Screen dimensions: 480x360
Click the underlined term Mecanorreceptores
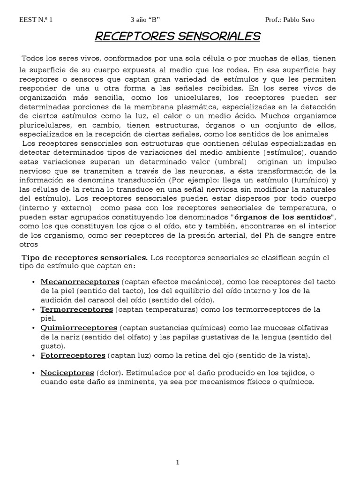pos(80,282)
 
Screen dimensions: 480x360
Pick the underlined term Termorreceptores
pos(77,309)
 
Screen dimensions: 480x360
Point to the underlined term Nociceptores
pos(67,373)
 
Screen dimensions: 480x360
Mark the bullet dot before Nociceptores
pos(34,374)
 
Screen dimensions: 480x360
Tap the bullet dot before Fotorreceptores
pos(34,356)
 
